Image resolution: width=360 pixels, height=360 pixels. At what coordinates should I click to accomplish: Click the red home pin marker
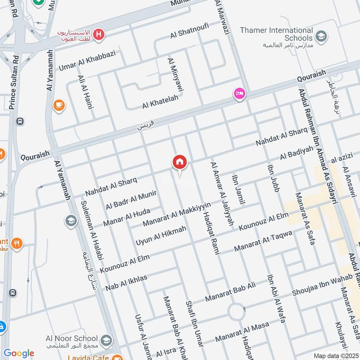(x=180, y=162)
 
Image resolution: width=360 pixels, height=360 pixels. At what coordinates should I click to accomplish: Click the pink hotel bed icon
(x=238, y=94)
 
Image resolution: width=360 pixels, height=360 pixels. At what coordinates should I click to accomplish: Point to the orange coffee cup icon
(x=58, y=105)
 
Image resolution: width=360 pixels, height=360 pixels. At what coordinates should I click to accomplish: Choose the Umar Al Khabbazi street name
(x=87, y=61)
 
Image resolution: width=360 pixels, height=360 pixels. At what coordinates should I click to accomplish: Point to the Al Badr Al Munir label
(x=131, y=200)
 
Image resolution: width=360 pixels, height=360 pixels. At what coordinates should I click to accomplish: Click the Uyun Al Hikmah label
(x=161, y=236)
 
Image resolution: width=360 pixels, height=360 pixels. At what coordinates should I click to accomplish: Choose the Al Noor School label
(x=72, y=338)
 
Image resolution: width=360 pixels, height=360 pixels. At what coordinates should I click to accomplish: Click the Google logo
(x=19, y=353)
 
